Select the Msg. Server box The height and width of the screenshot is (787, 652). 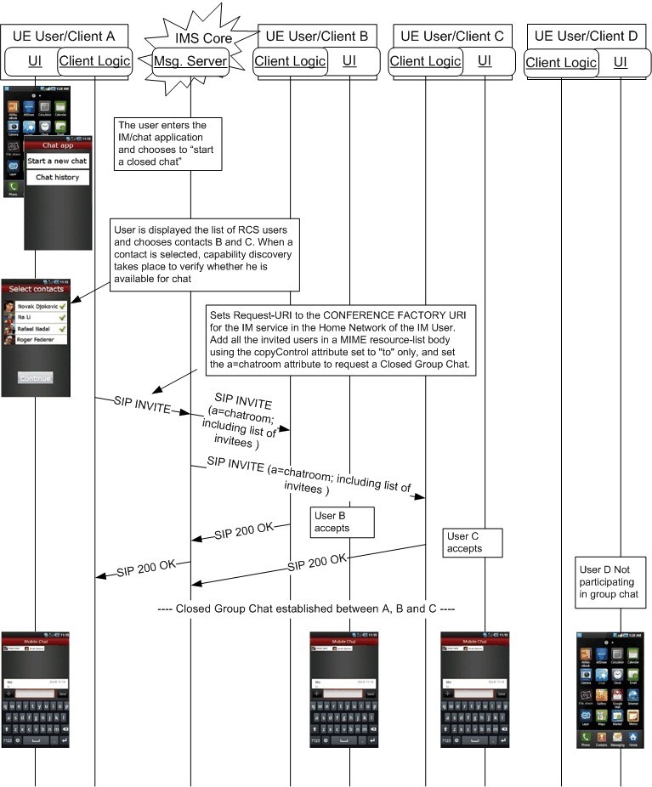point(190,61)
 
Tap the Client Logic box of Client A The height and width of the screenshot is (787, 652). point(94,61)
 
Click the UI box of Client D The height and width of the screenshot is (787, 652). point(621,62)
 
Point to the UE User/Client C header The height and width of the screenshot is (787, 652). point(451,36)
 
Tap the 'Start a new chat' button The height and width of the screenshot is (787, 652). point(57,161)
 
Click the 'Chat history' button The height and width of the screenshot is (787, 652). point(57,178)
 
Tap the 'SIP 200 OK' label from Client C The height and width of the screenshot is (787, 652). point(316,563)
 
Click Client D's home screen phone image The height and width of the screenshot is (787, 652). point(609,690)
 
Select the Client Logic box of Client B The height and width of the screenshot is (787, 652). point(290,60)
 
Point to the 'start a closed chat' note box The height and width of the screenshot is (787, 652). point(171,142)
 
